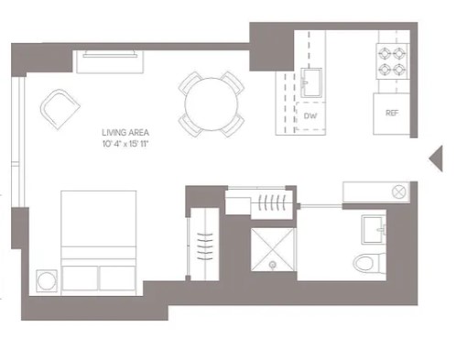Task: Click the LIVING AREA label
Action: pos(124,133)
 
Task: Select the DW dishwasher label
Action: pos(310,116)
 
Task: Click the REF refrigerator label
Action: pos(392,114)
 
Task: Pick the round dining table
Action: pos(212,104)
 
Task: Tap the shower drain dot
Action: pos(275,267)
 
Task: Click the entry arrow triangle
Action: pos(437,158)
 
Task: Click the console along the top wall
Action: pos(112,60)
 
